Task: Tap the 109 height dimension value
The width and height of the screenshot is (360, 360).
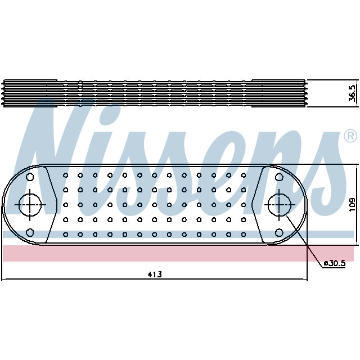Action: point(352,204)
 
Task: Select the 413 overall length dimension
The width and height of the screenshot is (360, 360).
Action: point(155,274)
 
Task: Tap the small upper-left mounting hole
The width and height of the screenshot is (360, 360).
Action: point(30,177)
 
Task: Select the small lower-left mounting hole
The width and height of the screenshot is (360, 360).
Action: point(30,232)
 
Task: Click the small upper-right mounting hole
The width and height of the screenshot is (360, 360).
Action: point(278,177)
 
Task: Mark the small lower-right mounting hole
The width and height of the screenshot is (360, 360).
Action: point(278,232)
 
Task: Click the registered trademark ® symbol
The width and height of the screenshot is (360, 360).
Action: point(349,136)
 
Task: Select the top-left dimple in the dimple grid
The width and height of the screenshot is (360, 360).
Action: point(66,175)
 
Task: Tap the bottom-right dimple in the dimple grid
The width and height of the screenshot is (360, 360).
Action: point(243,234)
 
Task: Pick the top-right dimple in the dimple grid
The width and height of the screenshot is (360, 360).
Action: point(243,175)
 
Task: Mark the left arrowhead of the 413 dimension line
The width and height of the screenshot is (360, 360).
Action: point(4,280)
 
